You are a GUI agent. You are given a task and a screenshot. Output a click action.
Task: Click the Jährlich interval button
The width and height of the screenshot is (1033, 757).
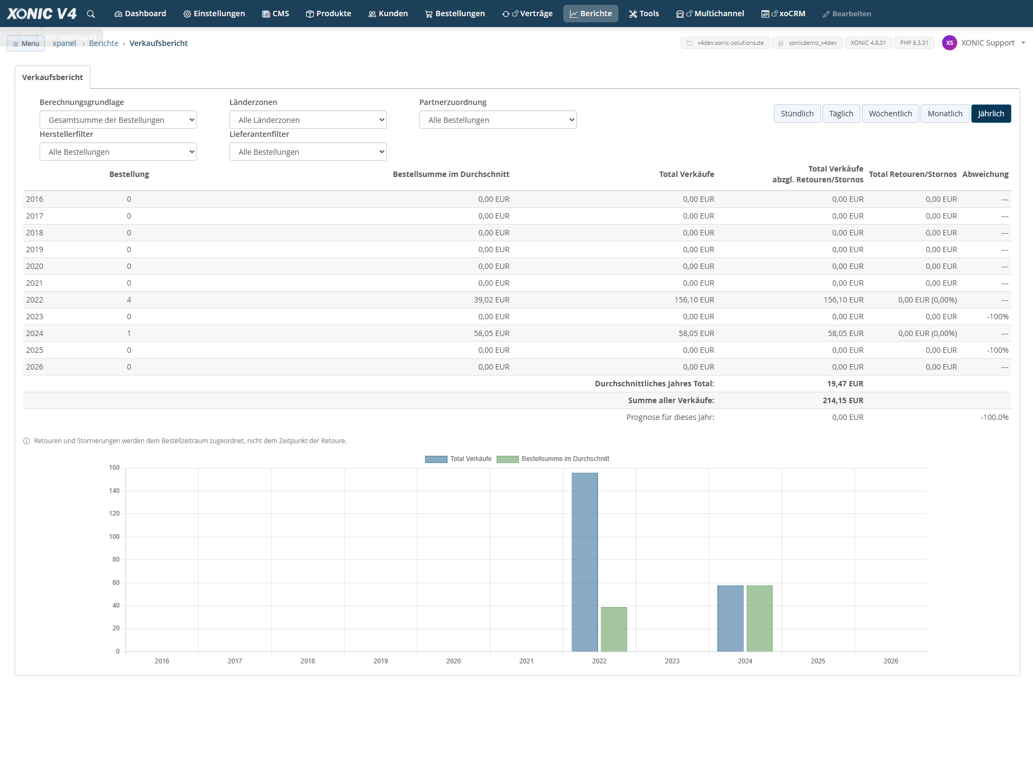(x=991, y=114)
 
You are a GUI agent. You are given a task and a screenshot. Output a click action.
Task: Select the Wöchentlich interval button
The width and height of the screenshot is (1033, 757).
(x=890, y=114)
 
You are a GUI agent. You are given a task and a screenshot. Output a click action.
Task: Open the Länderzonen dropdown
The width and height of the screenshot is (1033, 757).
(x=308, y=120)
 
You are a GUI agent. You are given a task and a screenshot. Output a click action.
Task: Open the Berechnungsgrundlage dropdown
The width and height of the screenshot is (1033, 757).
(x=118, y=120)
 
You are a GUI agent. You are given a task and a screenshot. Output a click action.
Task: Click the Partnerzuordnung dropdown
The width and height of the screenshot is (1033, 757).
(x=498, y=120)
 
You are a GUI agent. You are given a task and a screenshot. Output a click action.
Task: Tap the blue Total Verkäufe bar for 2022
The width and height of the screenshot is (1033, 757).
(x=585, y=562)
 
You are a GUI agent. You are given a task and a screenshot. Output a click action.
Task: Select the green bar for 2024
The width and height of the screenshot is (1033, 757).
(x=760, y=618)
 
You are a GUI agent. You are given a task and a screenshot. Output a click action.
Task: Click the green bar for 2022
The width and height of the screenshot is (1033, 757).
(x=614, y=629)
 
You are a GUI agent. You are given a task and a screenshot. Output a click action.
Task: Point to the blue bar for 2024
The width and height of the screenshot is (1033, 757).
(x=731, y=618)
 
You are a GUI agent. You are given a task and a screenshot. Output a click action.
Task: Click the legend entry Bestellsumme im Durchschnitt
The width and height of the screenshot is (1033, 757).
(x=553, y=459)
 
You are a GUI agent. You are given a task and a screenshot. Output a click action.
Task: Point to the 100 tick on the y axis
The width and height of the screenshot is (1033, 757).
(x=114, y=537)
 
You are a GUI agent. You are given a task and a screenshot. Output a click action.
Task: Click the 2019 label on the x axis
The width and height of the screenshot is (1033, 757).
(x=380, y=661)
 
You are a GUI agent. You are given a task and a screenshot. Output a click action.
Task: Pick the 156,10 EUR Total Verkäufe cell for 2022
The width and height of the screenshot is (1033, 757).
(x=694, y=300)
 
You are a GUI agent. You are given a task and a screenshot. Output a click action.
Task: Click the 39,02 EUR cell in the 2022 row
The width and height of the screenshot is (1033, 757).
(x=491, y=300)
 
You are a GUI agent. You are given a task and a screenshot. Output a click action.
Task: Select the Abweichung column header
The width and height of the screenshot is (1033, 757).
(x=985, y=174)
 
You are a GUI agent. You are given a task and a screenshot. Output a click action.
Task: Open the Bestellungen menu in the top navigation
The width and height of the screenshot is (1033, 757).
(x=455, y=14)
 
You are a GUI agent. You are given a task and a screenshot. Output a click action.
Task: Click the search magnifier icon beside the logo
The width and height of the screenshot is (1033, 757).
(x=91, y=14)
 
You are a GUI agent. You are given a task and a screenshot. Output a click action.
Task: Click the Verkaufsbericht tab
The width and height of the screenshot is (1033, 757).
(x=52, y=77)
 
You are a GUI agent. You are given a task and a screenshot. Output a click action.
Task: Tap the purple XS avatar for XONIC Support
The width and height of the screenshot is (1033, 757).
(x=950, y=43)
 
